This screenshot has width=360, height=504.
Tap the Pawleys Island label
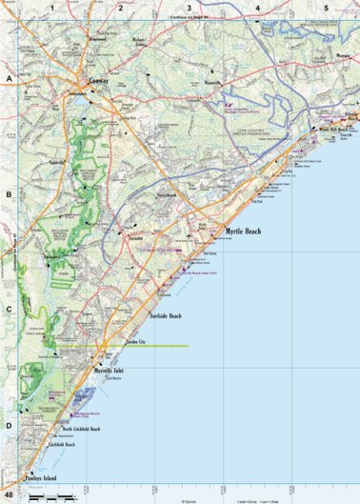[37, 476]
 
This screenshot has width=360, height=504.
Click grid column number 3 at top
[189, 8]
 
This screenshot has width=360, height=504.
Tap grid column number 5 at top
[326, 8]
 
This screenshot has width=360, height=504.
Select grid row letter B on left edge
[8, 193]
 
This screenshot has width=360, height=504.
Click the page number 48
[9, 496]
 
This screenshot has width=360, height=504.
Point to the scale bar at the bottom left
[49, 496]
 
